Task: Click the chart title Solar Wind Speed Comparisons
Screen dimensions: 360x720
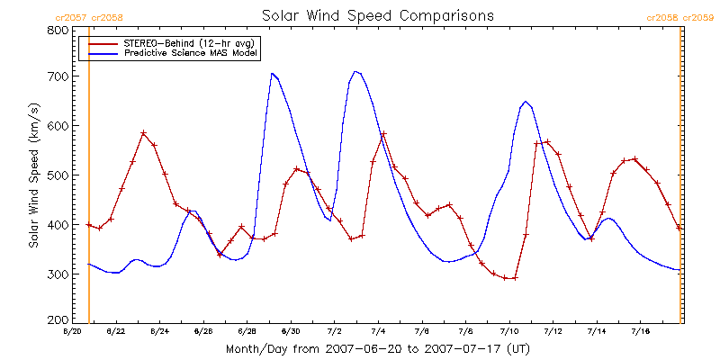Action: (x=377, y=15)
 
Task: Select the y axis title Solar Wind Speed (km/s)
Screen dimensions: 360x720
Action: (x=34, y=175)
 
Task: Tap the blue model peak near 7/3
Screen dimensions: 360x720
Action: (x=356, y=71)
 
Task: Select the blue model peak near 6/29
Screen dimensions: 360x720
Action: (x=272, y=74)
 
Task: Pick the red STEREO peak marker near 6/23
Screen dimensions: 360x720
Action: (x=143, y=133)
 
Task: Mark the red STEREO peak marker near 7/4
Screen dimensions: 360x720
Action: (x=383, y=134)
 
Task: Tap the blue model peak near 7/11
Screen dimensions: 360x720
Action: (x=526, y=102)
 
